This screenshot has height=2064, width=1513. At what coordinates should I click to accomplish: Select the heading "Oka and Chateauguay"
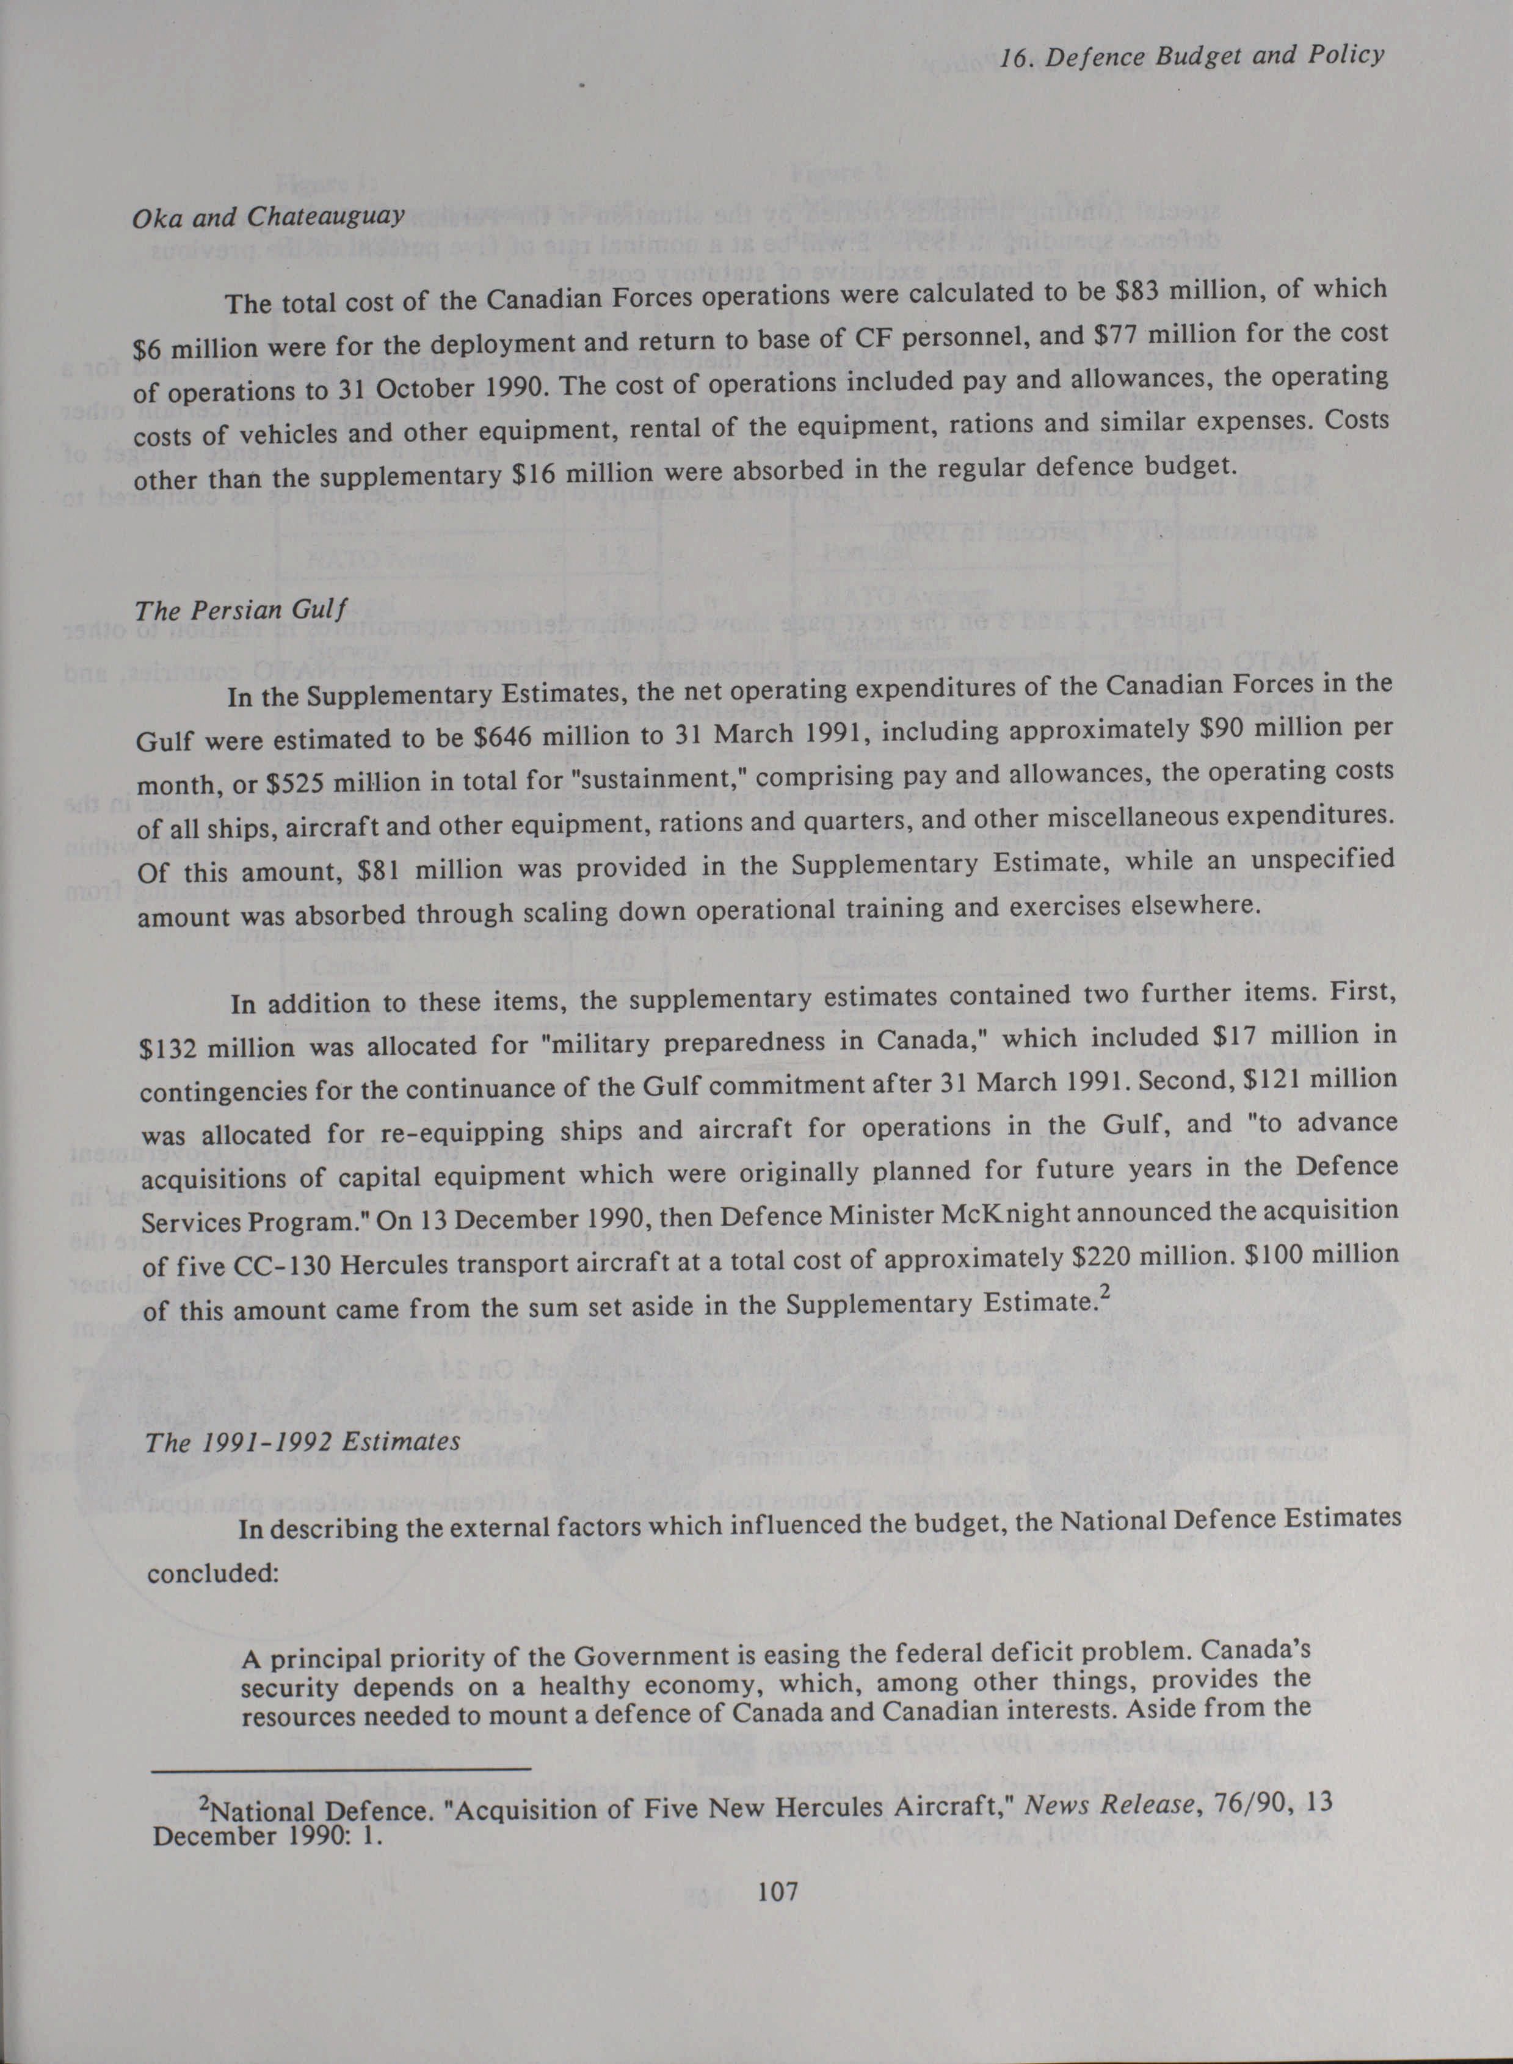269,218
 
